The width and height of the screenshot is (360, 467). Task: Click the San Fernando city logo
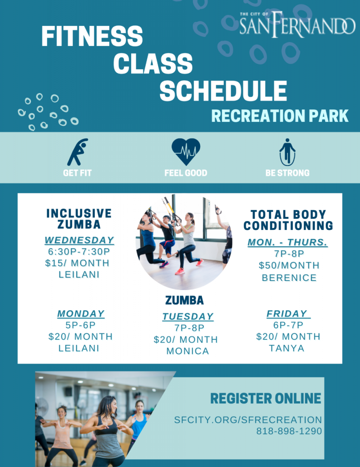[x=297, y=25]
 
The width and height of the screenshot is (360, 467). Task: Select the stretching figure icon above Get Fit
[x=77, y=152]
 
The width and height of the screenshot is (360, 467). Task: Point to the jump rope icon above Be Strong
[x=287, y=152]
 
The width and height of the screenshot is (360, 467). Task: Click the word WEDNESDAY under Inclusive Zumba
[x=79, y=240]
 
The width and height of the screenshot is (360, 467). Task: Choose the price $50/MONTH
[x=289, y=265]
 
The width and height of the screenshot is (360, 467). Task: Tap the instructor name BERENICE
[x=289, y=278]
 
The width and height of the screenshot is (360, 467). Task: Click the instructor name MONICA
[x=188, y=351]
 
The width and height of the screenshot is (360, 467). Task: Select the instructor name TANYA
[x=287, y=348]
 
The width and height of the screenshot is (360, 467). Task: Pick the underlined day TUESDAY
[x=188, y=317]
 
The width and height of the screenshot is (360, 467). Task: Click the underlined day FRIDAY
[x=288, y=314]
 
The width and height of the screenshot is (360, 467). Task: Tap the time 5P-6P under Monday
[x=80, y=325]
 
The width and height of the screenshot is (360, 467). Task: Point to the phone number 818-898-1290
[x=289, y=431]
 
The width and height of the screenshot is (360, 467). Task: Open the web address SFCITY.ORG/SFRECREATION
[x=248, y=420]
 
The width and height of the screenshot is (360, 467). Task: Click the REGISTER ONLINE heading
[x=266, y=398]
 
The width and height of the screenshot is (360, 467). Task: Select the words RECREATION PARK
[x=280, y=116]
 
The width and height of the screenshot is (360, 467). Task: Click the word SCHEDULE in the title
[x=223, y=91]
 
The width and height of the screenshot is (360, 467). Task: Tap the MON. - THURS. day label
[x=288, y=243]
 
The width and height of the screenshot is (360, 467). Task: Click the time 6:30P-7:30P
[x=79, y=252]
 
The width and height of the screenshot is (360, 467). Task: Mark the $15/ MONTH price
[x=77, y=263]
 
